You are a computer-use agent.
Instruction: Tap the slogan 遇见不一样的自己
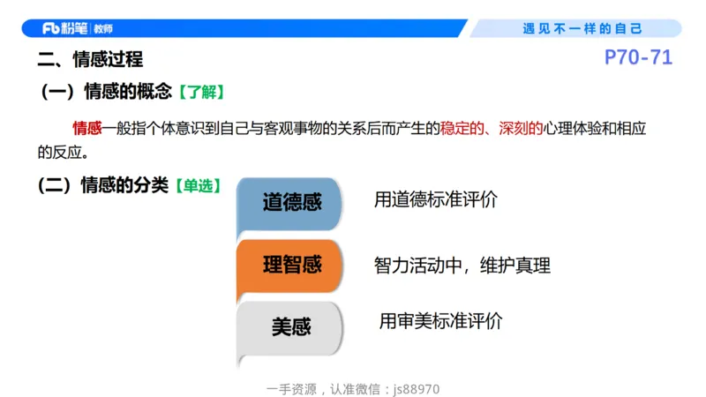582,28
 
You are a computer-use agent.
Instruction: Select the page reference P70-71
638,58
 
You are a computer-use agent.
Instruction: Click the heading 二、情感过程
90,60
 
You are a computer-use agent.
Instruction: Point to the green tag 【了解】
201,92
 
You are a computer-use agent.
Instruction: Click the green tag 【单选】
197,186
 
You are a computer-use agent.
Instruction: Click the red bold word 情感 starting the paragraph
87,129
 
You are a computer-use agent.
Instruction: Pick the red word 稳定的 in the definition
464,129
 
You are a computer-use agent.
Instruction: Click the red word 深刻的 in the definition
520,129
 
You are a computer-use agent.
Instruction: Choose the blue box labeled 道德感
290,203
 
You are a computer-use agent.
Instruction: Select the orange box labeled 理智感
290,265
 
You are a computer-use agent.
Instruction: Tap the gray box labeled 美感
290,327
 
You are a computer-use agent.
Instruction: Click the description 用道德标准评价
436,199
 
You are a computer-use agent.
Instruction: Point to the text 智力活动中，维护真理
462,265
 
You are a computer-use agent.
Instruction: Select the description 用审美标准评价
441,321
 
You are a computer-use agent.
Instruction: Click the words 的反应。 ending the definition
64,152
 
